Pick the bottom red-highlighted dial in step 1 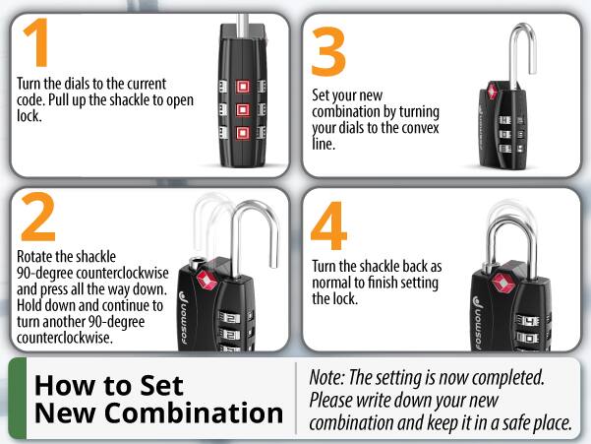click(x=240, y=132)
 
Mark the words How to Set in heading click(x=108, y=384)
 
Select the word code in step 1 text click(x=34, y=100)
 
